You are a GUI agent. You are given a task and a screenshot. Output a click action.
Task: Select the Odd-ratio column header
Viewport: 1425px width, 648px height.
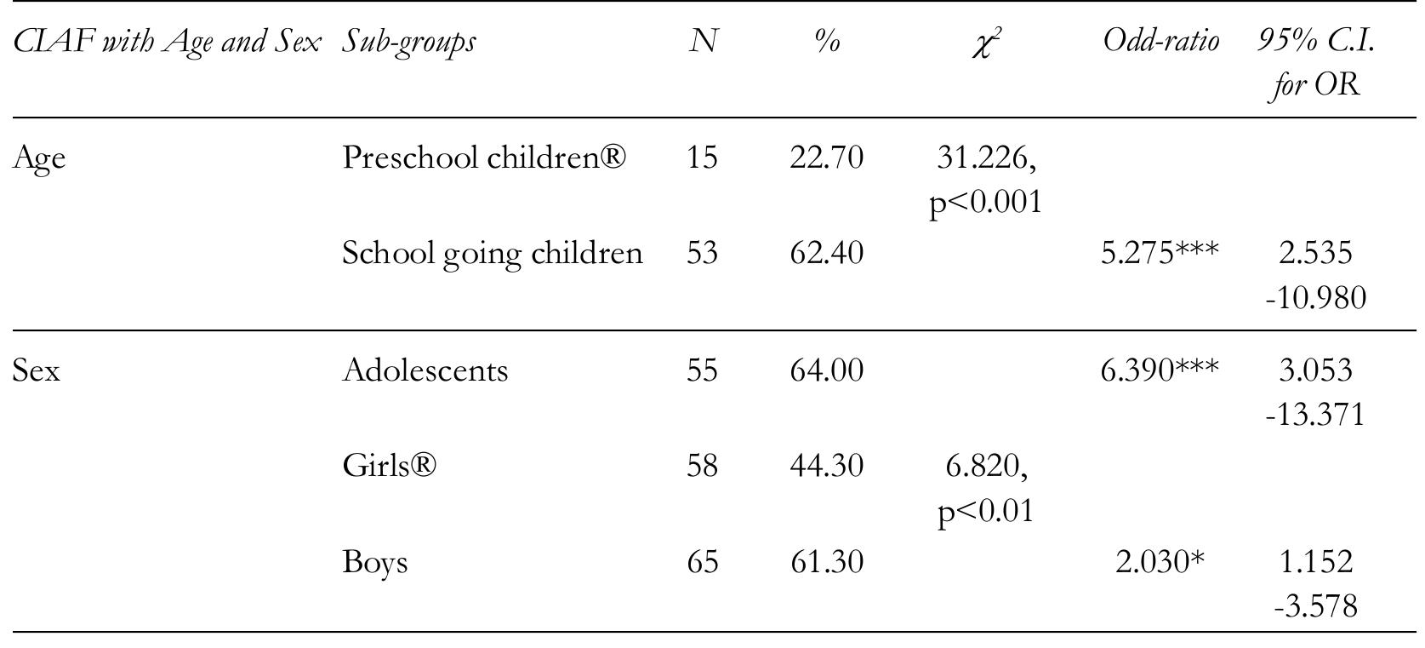(x=1160, y=41)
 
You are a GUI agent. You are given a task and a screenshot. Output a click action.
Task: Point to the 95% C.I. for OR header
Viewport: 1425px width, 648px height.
(x=1315, y=62)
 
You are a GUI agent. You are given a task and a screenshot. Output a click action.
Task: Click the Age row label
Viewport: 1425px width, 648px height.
(x=39, y=159)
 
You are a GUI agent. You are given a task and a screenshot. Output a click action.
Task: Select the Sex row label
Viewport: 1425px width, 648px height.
(x=37, y=371)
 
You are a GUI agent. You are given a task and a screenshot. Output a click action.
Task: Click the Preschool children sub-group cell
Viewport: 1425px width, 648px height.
(x=484, y=158)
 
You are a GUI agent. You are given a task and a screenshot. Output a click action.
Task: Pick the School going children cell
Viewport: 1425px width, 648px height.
(x=492, y=253)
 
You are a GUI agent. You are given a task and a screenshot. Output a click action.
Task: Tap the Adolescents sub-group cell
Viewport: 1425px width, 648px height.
(x=425, y=370)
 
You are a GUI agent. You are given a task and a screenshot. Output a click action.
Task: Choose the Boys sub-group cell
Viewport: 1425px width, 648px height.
(x=374, y=563)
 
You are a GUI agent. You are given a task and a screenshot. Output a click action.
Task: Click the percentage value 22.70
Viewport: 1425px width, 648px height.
(x=826, y=158)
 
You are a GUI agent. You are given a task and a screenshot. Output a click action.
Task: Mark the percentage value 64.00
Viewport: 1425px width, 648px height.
(x=826, y=370)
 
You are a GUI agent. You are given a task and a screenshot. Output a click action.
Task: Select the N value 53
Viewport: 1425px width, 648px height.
(x=702, y=253)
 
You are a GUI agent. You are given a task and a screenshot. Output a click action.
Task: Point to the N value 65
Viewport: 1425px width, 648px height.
(x=702, y=562)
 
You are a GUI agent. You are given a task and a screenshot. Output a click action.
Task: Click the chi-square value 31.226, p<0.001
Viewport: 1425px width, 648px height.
(x=985, y=179)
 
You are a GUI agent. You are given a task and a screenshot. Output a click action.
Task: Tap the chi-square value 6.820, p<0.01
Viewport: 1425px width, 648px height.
(x=985, y=487)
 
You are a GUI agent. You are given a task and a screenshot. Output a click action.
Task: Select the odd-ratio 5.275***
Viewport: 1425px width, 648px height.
(x=1160, y=253)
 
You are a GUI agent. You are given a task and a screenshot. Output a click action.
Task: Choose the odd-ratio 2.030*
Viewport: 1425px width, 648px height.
(x=1160, y=562)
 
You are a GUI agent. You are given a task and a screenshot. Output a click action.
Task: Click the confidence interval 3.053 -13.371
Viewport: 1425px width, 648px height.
(x=1315, y=392)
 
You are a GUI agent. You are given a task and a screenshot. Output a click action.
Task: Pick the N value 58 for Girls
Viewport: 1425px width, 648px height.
(x=702, y=466)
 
